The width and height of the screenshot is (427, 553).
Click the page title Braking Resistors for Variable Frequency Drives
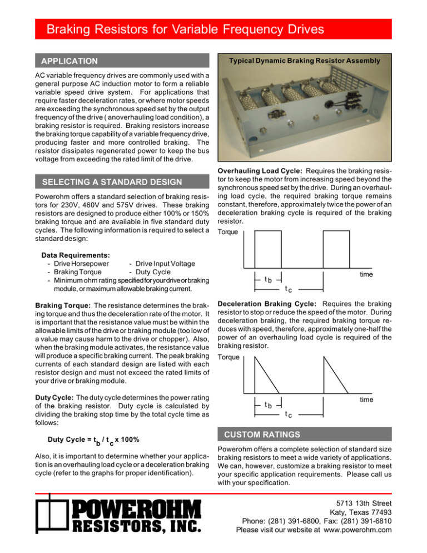(185, 28)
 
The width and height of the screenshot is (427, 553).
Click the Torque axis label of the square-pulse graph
(230, 232)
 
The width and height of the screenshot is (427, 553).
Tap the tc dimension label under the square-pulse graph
(287, 289)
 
